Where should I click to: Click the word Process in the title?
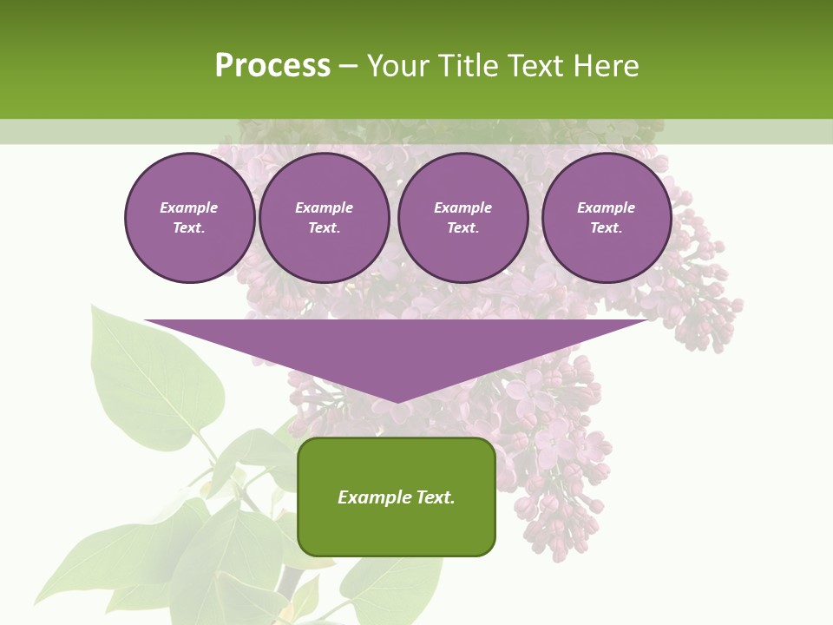click(272, 65)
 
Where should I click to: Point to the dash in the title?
click(348, 66)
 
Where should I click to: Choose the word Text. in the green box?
click(435, 497)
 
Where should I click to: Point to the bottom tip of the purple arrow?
click(397, 400)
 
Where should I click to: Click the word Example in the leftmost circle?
click(189, 207)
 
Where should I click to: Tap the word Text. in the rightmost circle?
click(607, 227)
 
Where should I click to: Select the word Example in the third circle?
click(463, 207)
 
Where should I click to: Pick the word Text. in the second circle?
click(325, 227)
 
